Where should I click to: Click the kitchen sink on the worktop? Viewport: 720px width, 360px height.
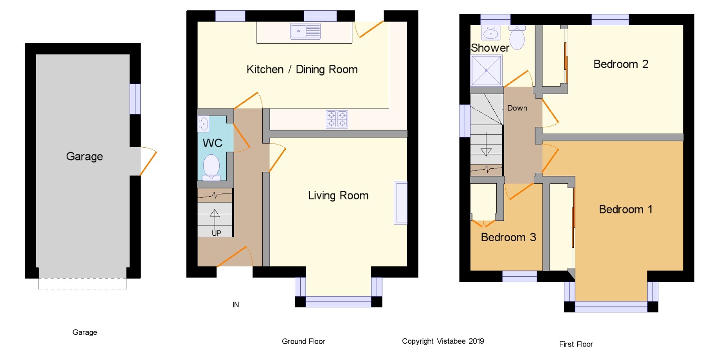pos(306,31)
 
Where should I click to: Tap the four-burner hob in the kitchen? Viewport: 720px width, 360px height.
pos(337,119)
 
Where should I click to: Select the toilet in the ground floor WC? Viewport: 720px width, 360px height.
pos(211,167)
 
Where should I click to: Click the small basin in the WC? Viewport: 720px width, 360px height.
pos(203,124)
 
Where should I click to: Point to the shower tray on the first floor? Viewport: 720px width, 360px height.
pos(486,70)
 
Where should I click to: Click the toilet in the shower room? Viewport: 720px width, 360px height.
pos(517,37)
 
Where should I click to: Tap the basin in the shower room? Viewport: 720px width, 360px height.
pos(490,32)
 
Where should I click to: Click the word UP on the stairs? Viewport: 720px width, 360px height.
pos(216,233)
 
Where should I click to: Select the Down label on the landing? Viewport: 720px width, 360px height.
pos(517,108)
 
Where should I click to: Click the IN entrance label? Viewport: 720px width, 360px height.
pos(236,305)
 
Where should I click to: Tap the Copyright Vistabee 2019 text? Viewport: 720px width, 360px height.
pos(443,342)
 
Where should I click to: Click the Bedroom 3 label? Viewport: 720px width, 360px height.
pos(508,237)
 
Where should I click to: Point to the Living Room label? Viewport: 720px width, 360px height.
pos(338,195)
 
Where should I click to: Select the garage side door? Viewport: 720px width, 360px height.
pos(148,161)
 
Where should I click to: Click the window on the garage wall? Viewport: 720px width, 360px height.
pos(135,99)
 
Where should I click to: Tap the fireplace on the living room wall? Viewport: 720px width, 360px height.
pos(400,202)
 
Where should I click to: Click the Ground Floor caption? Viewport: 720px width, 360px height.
pos(303,342)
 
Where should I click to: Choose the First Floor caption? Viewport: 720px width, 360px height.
pos(576,344)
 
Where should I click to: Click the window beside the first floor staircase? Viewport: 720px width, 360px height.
pos(465,121)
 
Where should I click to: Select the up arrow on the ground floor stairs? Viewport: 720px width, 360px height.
pos(215,220)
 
